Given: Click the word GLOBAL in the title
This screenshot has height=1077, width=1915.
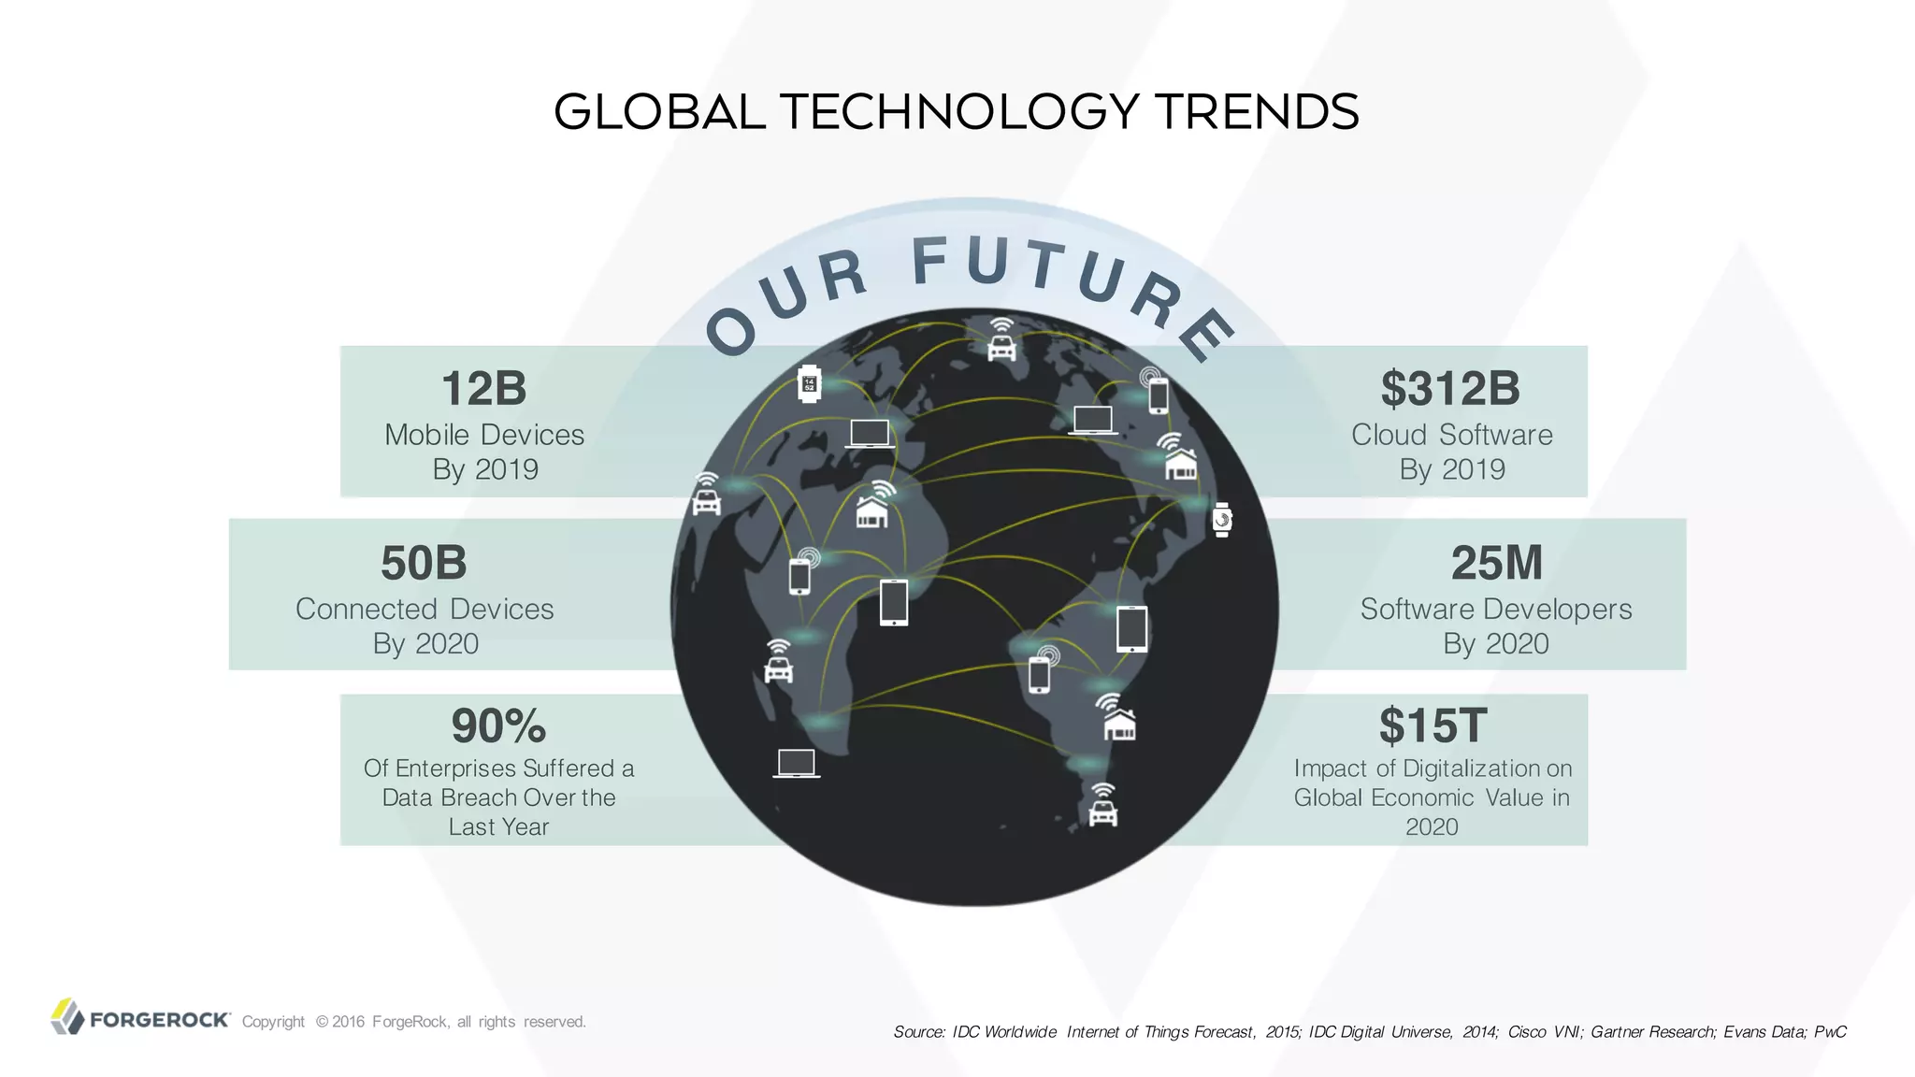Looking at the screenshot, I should [659, 112].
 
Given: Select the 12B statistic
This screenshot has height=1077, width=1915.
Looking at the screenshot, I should [483, 389].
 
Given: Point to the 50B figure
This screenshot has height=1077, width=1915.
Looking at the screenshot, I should [424, 563].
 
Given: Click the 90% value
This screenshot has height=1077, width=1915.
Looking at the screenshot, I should [498, 725].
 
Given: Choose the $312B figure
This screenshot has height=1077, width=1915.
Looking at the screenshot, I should [1450, 389].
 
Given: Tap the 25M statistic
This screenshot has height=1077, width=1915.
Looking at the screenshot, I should [1496, 563].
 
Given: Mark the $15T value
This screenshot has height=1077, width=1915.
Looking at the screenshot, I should [1432, 725].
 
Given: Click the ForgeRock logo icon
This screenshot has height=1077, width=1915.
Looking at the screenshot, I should [67, 1017].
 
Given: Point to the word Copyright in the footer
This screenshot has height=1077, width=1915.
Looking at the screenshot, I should [273, 1022].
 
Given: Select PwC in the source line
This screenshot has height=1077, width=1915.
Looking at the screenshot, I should [1830, 1032].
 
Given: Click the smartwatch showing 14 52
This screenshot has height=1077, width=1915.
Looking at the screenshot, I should [809, 384].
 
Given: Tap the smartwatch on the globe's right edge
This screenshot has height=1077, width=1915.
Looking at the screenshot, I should [1222, 520].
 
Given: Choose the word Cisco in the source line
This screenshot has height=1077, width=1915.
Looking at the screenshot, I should [1526, 1032].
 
